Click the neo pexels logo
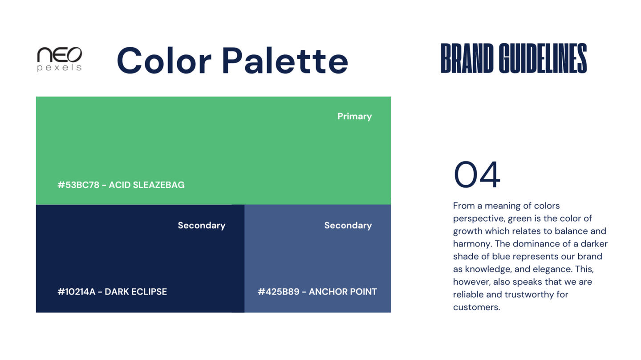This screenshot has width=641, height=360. [60, 59]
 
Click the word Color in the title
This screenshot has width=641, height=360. [164, 61]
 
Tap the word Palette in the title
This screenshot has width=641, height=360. [285, 61]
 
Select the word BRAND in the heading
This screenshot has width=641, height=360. [467, 58]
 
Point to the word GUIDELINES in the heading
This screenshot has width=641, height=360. [543, 58]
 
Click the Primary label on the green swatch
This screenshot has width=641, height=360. [354, 117]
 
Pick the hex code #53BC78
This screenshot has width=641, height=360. [78, 185]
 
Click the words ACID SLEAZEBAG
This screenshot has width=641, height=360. [146, 185]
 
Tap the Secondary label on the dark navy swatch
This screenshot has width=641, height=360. [202, 226]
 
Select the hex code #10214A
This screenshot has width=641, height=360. [76, 291]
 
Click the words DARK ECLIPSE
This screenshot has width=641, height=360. [136, 291]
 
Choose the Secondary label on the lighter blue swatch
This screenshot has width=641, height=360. [348, 226]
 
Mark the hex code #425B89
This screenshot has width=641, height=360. [279, 291]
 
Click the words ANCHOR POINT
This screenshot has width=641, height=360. [343, 291]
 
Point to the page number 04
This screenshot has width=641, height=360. [477, 174]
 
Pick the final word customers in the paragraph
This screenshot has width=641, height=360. [476, 307]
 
